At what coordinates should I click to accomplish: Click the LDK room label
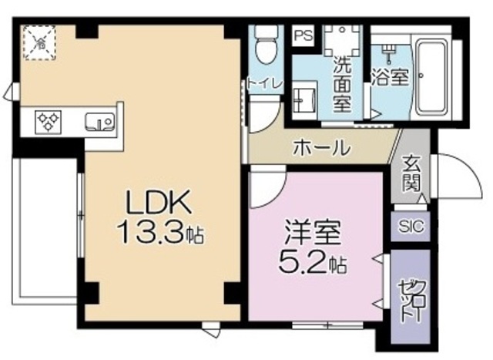tap(159, 203)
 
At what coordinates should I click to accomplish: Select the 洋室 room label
tap(313, 232)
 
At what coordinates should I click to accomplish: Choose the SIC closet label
tap(410, 227)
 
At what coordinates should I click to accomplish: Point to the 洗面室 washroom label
tap(342, 77)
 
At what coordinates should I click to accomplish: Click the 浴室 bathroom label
tap(387, 77)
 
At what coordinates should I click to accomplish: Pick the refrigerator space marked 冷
tap(36, 42)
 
